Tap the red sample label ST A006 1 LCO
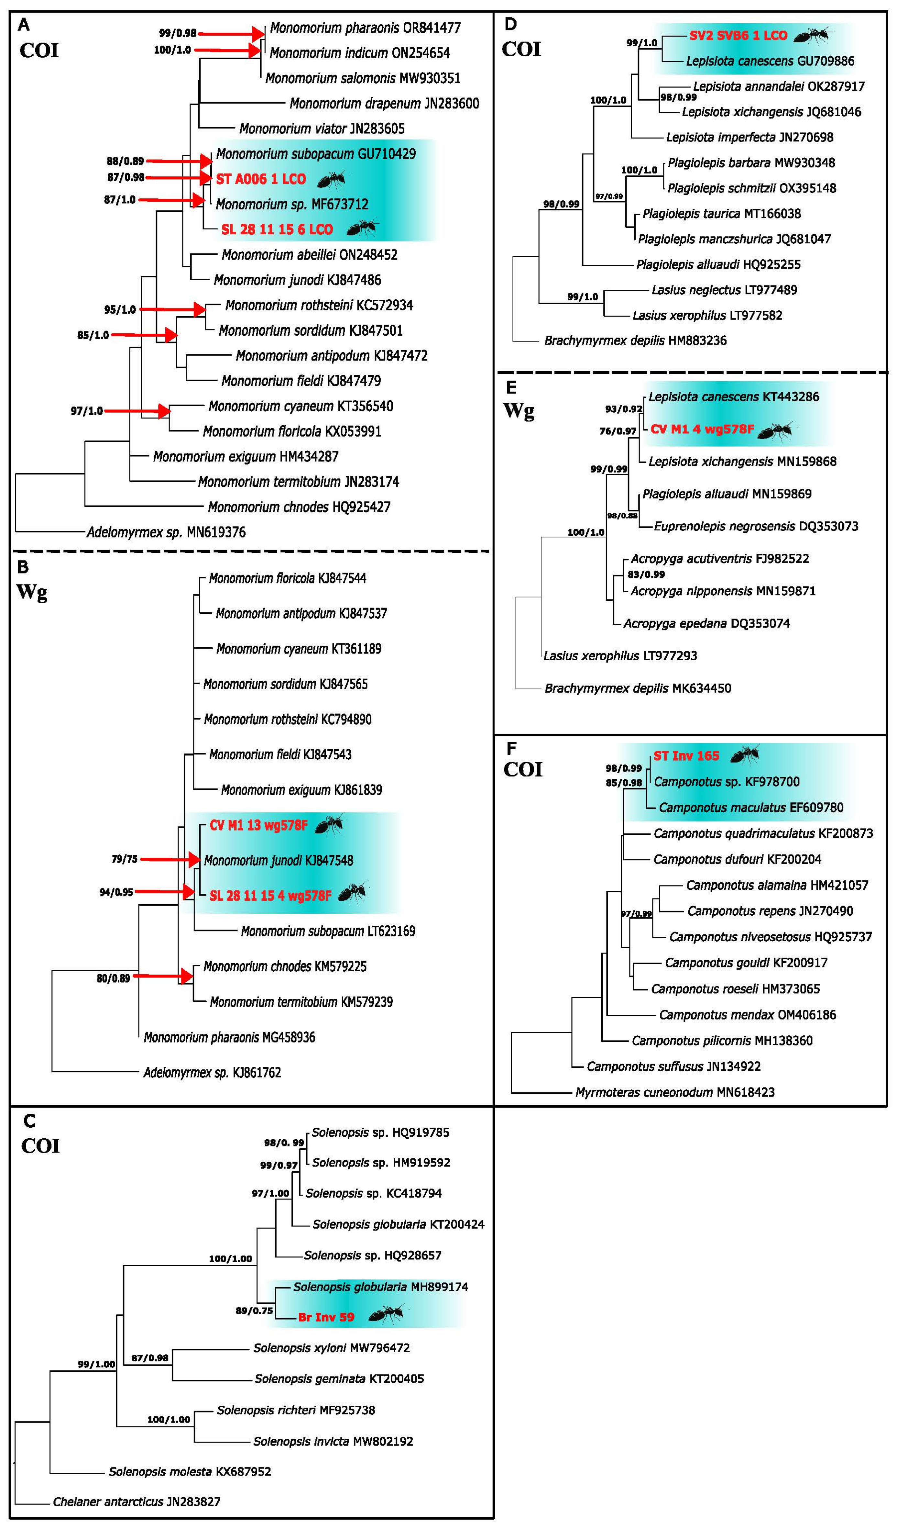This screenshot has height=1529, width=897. click(261, 179)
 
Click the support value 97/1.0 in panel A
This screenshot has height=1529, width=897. click(87, 411)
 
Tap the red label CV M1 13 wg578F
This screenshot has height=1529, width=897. click(258, 825)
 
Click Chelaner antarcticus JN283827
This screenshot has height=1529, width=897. click(137, 1502)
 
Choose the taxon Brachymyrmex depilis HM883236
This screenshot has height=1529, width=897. click(635, 340)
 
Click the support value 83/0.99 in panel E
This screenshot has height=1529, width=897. click(646, 574)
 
